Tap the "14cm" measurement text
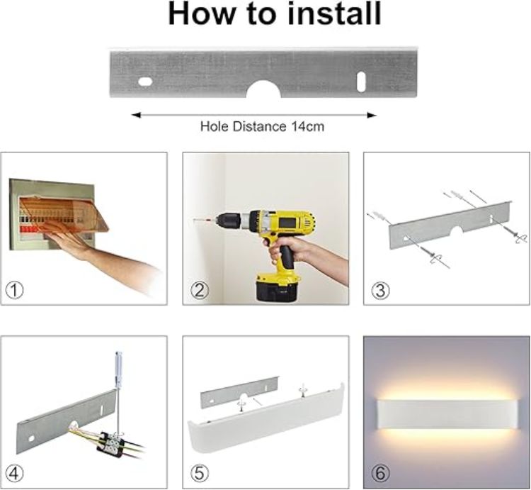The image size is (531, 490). coord(307,126)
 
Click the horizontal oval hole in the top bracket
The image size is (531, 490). coord(145,82)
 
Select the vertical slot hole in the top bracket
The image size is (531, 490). coord(361,82)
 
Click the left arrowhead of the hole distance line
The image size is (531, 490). coord(136,116)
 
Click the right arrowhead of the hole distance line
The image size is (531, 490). coord(372,116)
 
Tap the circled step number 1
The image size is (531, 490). coord(15,291)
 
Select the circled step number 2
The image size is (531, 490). coord(200,291)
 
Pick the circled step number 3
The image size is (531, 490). coord(380,291)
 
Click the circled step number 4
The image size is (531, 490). coord(15,473)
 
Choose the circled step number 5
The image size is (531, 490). coord(200,473)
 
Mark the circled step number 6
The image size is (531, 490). coord(380,473)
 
